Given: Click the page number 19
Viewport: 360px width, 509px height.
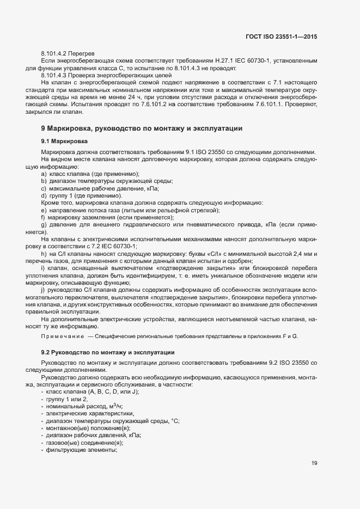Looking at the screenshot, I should coord(314,463).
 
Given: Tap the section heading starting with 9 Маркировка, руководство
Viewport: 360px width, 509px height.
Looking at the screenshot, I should coord(141,128).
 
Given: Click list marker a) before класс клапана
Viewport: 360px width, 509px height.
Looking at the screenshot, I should coord(44,173).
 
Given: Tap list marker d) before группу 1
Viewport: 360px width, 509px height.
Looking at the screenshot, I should coord(44,195).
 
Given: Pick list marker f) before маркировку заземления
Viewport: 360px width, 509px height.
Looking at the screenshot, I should coord(43,217).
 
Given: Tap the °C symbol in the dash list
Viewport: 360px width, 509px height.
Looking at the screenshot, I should coord(175,421).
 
